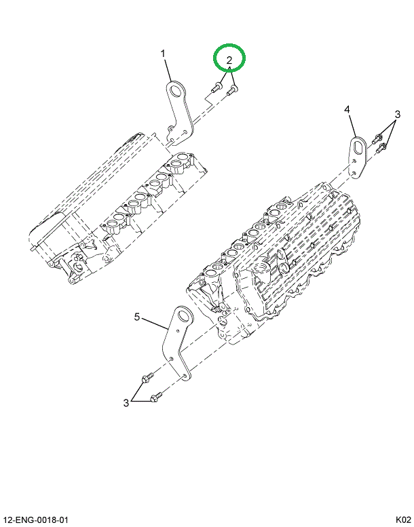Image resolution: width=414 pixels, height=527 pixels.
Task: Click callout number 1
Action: click(x=163, y=53)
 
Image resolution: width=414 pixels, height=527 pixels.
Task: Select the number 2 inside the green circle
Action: click(x=229, y=60)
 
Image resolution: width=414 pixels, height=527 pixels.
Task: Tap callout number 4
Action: click(x=347, y=109)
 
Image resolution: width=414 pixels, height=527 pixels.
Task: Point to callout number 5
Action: click(x=136, y=316)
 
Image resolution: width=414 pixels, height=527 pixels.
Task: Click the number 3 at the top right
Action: click(x=398, y=113)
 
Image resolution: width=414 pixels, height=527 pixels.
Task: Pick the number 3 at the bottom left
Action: click(x=126, y=403)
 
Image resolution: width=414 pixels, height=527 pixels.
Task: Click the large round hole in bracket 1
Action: click(x=178, y=91)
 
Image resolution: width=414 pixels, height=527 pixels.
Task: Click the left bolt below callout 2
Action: click(x=215, y=87)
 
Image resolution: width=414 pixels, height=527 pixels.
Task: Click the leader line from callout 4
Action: click(x=352, y=125)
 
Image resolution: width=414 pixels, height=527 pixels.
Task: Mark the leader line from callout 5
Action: click(x=155, y=322)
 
